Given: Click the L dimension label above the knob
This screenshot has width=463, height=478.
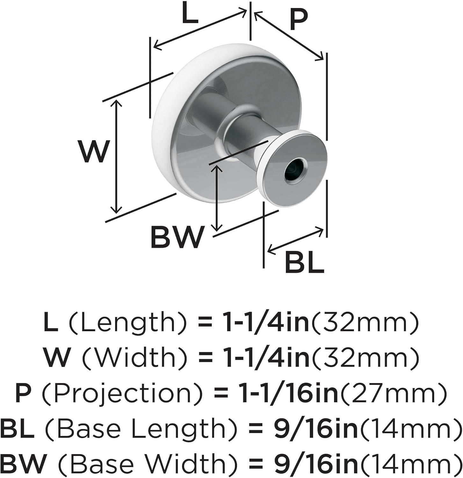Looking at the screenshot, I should pyautogui.click(x=190, y=14).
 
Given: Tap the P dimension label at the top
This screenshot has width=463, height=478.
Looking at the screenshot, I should pyautogui.click(x=298, y=20).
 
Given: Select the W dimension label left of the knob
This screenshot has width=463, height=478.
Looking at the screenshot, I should pyautogui.click(x=93, y=151).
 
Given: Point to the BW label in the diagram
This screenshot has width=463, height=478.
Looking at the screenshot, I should pyautogui.click(x=177, y=237).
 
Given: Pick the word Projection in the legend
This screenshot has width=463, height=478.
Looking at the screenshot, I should pyautogui.click(x=122, y=393).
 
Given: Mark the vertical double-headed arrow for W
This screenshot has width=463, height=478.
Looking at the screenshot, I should pyautogui.click(x=117, y=156).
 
